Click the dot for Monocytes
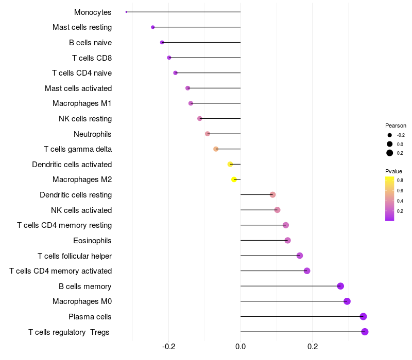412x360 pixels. coord(126,12)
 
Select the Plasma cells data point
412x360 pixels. coord(363,316)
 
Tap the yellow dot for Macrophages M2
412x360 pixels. coord(234,179)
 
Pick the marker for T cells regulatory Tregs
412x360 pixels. coord(365,332)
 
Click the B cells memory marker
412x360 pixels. coord(340,286)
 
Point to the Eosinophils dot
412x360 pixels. coord(287,240)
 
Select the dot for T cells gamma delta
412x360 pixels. coord(216,149)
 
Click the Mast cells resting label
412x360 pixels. coord(82,27)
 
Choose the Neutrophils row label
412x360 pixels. coord(92,134)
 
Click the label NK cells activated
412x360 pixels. coord(81,210)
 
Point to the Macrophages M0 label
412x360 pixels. coord(82,301)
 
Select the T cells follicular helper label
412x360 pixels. coord(75,256)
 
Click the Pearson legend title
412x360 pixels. coord(396,125)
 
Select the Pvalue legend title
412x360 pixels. coord(394,171)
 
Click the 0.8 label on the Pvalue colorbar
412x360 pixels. coord(400,181)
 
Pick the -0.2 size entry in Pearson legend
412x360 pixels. coord(390,135)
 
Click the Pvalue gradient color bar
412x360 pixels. coord(390,199)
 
